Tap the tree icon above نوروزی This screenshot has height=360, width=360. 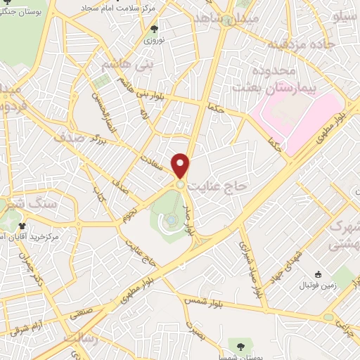point(154,29)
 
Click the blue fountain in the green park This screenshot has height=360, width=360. point(171,221)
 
